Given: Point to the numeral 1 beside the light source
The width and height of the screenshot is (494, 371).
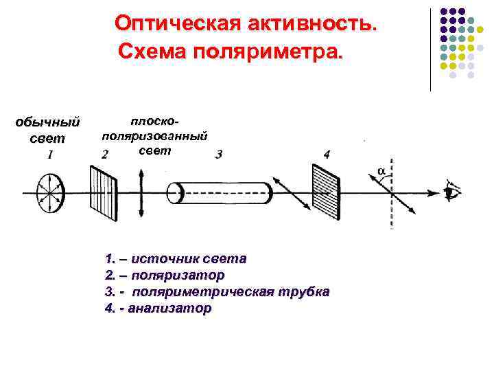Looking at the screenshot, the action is point(50,155).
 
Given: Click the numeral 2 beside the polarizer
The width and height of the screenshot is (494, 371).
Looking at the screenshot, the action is point(104,155).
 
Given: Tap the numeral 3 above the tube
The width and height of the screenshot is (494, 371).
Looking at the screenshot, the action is point(218,155).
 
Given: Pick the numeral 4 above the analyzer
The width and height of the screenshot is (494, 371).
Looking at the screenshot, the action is point(326,155).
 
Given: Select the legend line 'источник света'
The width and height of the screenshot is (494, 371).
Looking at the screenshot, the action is point(177,259).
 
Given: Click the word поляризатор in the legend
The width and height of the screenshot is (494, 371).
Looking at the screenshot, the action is point(177,276).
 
